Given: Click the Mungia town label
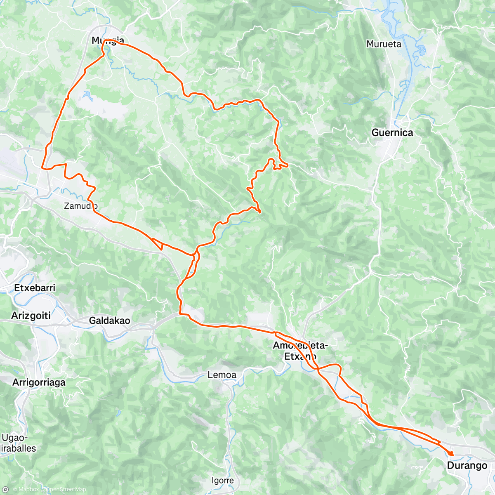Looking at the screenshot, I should point(107,40).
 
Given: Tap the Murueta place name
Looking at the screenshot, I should point(384,44).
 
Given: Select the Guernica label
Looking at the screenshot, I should point(392,132).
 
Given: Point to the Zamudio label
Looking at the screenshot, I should point(81,205).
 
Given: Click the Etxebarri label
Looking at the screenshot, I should point(35,288).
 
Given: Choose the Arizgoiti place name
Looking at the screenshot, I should point(31,316).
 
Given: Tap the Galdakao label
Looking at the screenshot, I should point(109,321).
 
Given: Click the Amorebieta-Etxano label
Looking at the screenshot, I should point(300,351).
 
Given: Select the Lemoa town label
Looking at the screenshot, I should point(222,375).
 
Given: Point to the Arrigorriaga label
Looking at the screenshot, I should point(39,382).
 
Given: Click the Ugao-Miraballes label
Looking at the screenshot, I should point(19,443).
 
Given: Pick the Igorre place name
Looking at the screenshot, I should point(222,481).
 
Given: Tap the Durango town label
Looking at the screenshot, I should point(467,466).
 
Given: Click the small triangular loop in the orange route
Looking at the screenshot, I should point(159,244).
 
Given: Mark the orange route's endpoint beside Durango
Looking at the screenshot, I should point(451,453).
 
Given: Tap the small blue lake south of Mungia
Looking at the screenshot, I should point(88,96).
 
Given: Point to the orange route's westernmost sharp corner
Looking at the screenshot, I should point(42,167).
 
